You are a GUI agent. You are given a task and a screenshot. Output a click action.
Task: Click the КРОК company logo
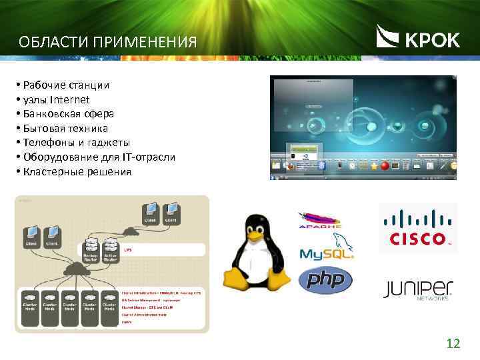coord(418,38)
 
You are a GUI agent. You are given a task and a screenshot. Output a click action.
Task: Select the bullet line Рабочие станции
coord(66,85)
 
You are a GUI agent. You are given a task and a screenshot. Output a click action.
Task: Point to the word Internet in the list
coord(69,100)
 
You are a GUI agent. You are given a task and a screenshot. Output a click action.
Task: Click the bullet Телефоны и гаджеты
coord(76,143)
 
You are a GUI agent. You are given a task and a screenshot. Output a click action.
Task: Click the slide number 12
coord(453,343)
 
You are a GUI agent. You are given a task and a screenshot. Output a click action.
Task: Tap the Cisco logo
coord(417,227)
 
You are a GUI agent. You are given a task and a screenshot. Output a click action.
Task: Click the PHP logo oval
coord(325,281)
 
